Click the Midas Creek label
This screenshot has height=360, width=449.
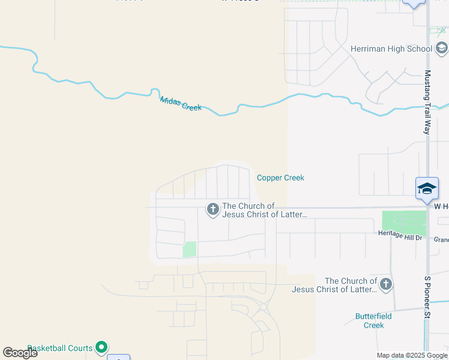(x=181, y=103)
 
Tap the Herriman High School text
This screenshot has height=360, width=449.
(x=391, y=49)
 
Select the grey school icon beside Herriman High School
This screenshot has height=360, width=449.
(x=442, y=48)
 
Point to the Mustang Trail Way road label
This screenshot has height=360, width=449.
(x=428, y=101)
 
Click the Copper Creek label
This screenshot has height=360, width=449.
(x=280, y=178)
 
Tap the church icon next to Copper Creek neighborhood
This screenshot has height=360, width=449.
(x=212, y=209)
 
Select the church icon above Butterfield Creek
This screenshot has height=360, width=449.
(x=386, y=284)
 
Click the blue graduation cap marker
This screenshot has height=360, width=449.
(x=427, y=188)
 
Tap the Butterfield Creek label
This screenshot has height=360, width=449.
(x=373, y=320)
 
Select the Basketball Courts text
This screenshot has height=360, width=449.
(x=60, y=348)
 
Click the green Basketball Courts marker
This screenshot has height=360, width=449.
(x=101, y=346)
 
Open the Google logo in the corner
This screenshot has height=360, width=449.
(x=20, y=353)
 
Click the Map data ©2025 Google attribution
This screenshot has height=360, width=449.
(x=412, y=355)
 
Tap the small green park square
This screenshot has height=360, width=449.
(x=190, y=249)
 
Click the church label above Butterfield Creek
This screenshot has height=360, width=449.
(x=334, y=285)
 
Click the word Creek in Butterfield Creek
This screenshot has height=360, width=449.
(x=374, y=325)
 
